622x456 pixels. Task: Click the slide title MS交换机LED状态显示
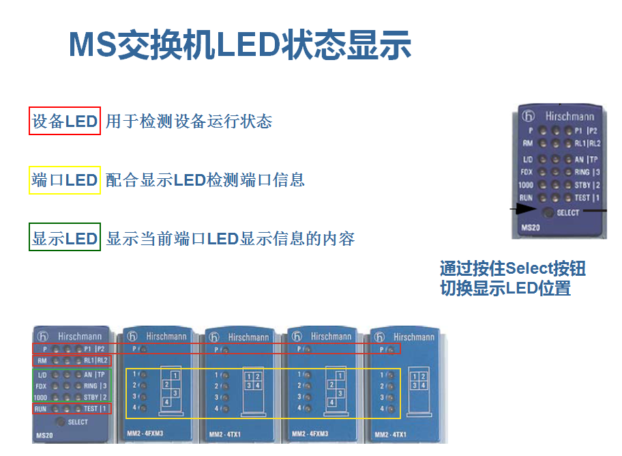pos(240,44)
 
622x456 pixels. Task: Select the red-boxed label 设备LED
pos(65,122)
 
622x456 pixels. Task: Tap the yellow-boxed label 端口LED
pos(65,180)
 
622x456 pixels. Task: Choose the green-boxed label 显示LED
pos(65,238)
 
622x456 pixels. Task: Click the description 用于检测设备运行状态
pos(189,122)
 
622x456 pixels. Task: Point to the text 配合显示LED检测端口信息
pos(205,180)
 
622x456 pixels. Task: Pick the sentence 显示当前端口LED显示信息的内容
pos(231,238)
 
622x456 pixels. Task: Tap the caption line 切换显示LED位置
pos(505,288)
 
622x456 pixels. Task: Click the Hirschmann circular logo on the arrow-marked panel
pos(528,116)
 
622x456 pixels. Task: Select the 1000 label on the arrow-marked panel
pos(525,185)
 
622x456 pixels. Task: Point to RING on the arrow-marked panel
pos(582,172)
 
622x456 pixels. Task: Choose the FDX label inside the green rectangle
pos(42,386)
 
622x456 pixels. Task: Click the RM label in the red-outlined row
pos(42,360)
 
